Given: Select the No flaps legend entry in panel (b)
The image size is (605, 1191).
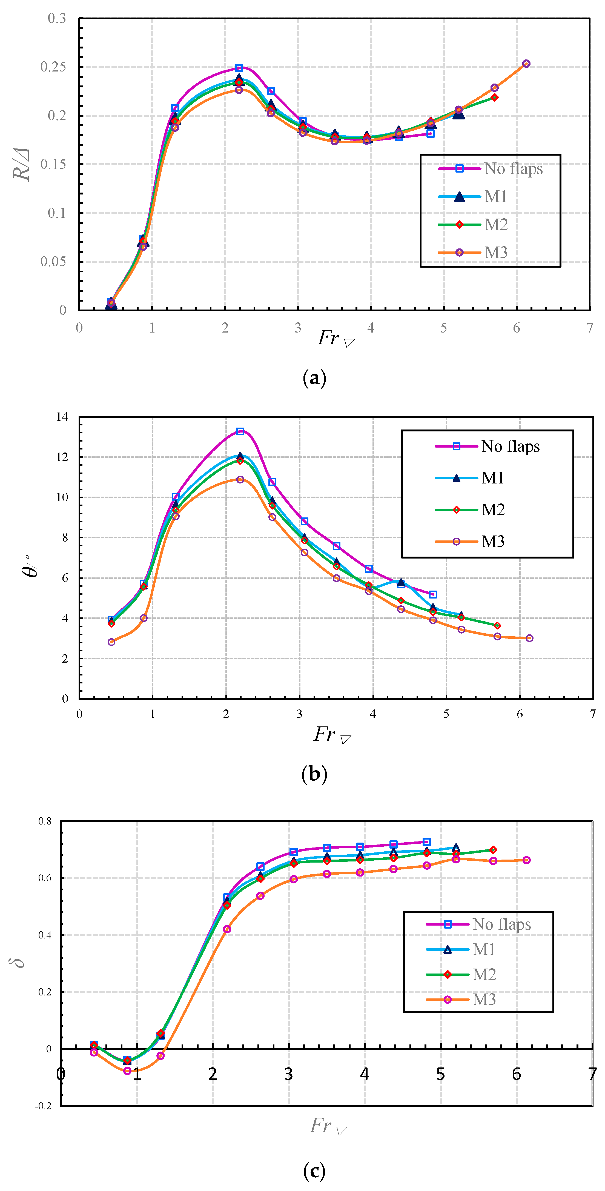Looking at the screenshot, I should click(x=510, y=446).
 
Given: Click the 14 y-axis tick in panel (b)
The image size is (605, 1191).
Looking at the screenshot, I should click(x=62, y=417).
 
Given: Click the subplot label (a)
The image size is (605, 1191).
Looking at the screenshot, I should click(x=314, y=378).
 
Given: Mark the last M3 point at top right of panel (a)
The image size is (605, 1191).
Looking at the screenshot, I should click(x=526, y=64).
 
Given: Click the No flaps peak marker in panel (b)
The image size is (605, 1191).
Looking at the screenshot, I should click(x=240, y=431).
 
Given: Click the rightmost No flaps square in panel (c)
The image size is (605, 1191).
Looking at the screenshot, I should click(x=427, y=841).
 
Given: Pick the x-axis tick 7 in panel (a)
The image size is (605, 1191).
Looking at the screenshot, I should click(x=590, y=328).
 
